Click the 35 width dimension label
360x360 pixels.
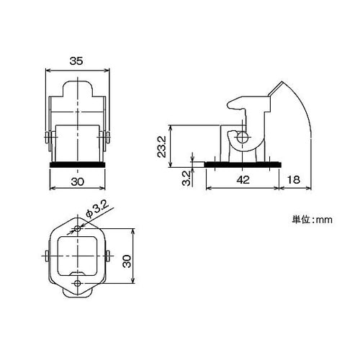tap(76, 61)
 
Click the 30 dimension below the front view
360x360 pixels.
tap(77, 181)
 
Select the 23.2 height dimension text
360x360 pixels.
tap(162, 146)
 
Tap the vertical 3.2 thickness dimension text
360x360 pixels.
tap(186, 178)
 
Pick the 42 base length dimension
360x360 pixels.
tap(243, 179)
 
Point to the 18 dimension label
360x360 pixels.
tap(293, 179)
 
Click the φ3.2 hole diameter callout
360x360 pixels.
tap(97, 210)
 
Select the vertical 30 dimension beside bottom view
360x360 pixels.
tap(127, 261)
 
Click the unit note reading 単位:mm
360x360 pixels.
tap(312, 220)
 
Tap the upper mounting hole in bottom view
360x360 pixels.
tap(77, 228)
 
